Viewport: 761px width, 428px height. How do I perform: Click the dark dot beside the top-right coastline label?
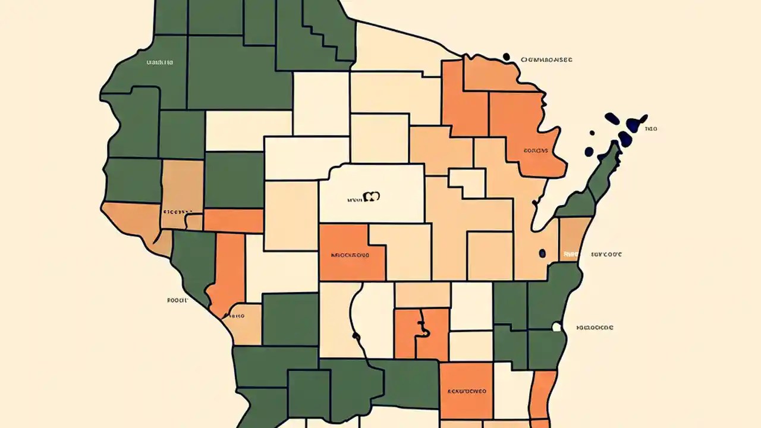click(507, 57)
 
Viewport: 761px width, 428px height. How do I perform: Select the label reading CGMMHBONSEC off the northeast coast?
click(546, 60)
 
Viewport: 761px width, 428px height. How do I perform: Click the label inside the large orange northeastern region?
click(535, 150)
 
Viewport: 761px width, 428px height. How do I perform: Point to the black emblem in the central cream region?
click(371, 196)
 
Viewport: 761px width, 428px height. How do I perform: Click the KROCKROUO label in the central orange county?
click(350, 255)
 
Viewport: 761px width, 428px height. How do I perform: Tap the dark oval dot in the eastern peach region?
click(542, 254)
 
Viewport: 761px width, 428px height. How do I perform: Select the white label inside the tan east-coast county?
click(570, 254)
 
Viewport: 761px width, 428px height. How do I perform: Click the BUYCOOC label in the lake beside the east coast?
click(606, 254)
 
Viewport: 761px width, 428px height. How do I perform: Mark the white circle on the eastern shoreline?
click(557, 326)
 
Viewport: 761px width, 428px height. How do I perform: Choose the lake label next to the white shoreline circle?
click(595, 328)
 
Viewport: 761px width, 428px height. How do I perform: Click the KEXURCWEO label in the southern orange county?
click(466, 392)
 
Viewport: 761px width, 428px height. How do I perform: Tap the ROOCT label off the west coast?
click(178, 301)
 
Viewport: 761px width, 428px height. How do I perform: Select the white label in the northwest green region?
click(159, 62)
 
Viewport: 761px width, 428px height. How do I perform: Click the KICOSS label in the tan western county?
click(178, 211)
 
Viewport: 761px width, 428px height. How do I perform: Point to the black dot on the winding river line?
click(356, 336)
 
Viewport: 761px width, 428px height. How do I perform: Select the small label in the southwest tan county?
click(237, 316)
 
